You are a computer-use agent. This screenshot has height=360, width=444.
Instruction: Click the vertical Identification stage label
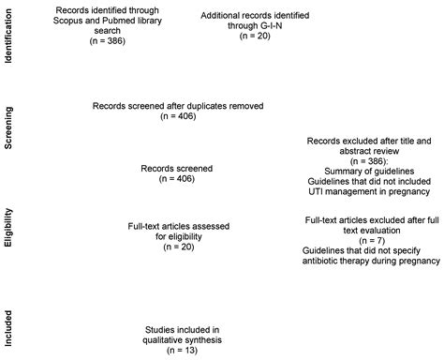pyautogui.click(x=8, y=37)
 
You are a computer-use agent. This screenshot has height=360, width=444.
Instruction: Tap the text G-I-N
pyautogui.click(x=272, y=31)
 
